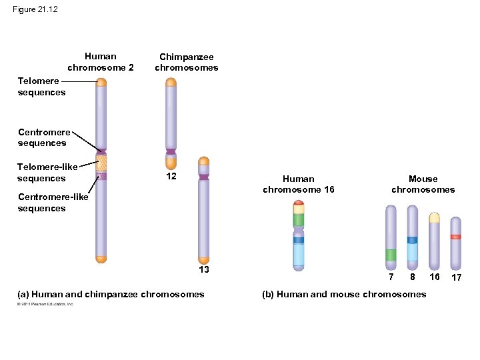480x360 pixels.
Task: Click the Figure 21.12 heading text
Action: pos(35,9)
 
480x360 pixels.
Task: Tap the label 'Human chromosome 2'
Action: pos(101,62)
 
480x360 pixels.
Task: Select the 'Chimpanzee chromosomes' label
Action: pos(187,63)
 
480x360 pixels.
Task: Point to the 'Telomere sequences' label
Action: pos(41,87)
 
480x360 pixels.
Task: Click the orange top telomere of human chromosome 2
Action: pos(101,83)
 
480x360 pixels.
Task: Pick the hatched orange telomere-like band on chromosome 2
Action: pos(101,163)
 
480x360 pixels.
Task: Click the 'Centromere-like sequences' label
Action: pos(52,203)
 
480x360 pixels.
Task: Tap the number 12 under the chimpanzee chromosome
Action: pos(171,177)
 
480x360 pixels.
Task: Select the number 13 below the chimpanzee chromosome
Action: pos(204,269)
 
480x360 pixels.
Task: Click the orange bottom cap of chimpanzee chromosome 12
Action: pos(171,162)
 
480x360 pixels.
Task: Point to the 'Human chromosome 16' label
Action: pos(299,184)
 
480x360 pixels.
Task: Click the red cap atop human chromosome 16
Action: pos(299,202)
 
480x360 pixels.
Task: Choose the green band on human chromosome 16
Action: pos(299,220)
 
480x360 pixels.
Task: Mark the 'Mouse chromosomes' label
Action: pos(423,184)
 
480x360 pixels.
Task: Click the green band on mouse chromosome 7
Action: pos(391,255)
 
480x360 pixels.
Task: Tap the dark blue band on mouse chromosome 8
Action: pos(413,240)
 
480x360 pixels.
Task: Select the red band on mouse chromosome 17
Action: pos(455,237)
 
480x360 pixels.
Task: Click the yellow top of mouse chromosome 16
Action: pos(435,217)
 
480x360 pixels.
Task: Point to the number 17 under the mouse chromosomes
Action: pos(457,277)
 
